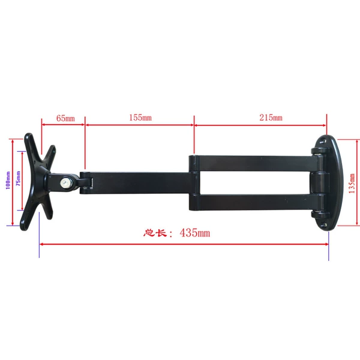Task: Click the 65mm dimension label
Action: pos(65,118)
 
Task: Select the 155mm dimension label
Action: pos(140,118)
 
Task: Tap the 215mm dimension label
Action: pos(271,118)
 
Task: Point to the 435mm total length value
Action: pos(194,233)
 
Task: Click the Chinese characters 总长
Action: pos(155,233)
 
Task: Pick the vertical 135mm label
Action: pos(352,183)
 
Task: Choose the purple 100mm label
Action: pos(8,180)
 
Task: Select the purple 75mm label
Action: pos(18,178)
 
